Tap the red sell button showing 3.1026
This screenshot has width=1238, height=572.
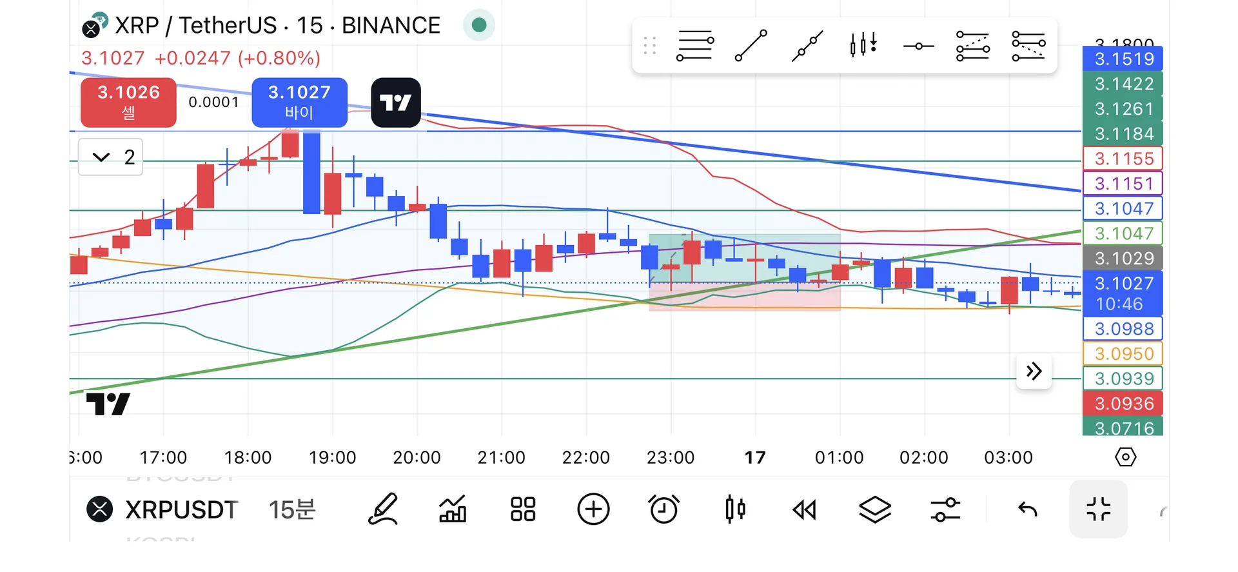pos(128,103)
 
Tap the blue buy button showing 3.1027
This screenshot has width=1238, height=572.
pos(299,103)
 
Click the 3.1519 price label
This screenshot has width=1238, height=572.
pos(1123,59)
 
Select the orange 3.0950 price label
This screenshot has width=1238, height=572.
pos(1123,354)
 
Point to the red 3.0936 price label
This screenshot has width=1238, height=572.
pos(1123,404)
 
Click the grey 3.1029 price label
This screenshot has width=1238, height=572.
pos(1123,259)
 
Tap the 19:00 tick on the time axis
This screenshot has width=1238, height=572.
pos(332,458)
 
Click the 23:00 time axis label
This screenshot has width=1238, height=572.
pos(670,458)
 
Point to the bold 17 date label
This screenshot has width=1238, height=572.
pos(755,458)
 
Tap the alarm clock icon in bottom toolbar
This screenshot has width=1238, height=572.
pos(663,509)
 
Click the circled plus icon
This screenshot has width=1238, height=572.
pos(593,509)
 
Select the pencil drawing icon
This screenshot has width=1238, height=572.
pos(383,509)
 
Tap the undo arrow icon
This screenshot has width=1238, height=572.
pos(1027,510)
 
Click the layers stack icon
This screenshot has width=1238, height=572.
pos(875,509)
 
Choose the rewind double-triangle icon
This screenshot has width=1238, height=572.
pos(804,510)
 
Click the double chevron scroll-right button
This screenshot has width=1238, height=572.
pos(1034,371)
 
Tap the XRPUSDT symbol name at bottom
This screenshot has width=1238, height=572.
pos(181,510)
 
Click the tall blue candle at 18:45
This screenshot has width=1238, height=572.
pos(311,172)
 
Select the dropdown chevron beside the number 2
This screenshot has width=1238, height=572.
pos(101,157)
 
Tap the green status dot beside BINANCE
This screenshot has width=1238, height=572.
pos(478,25)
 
